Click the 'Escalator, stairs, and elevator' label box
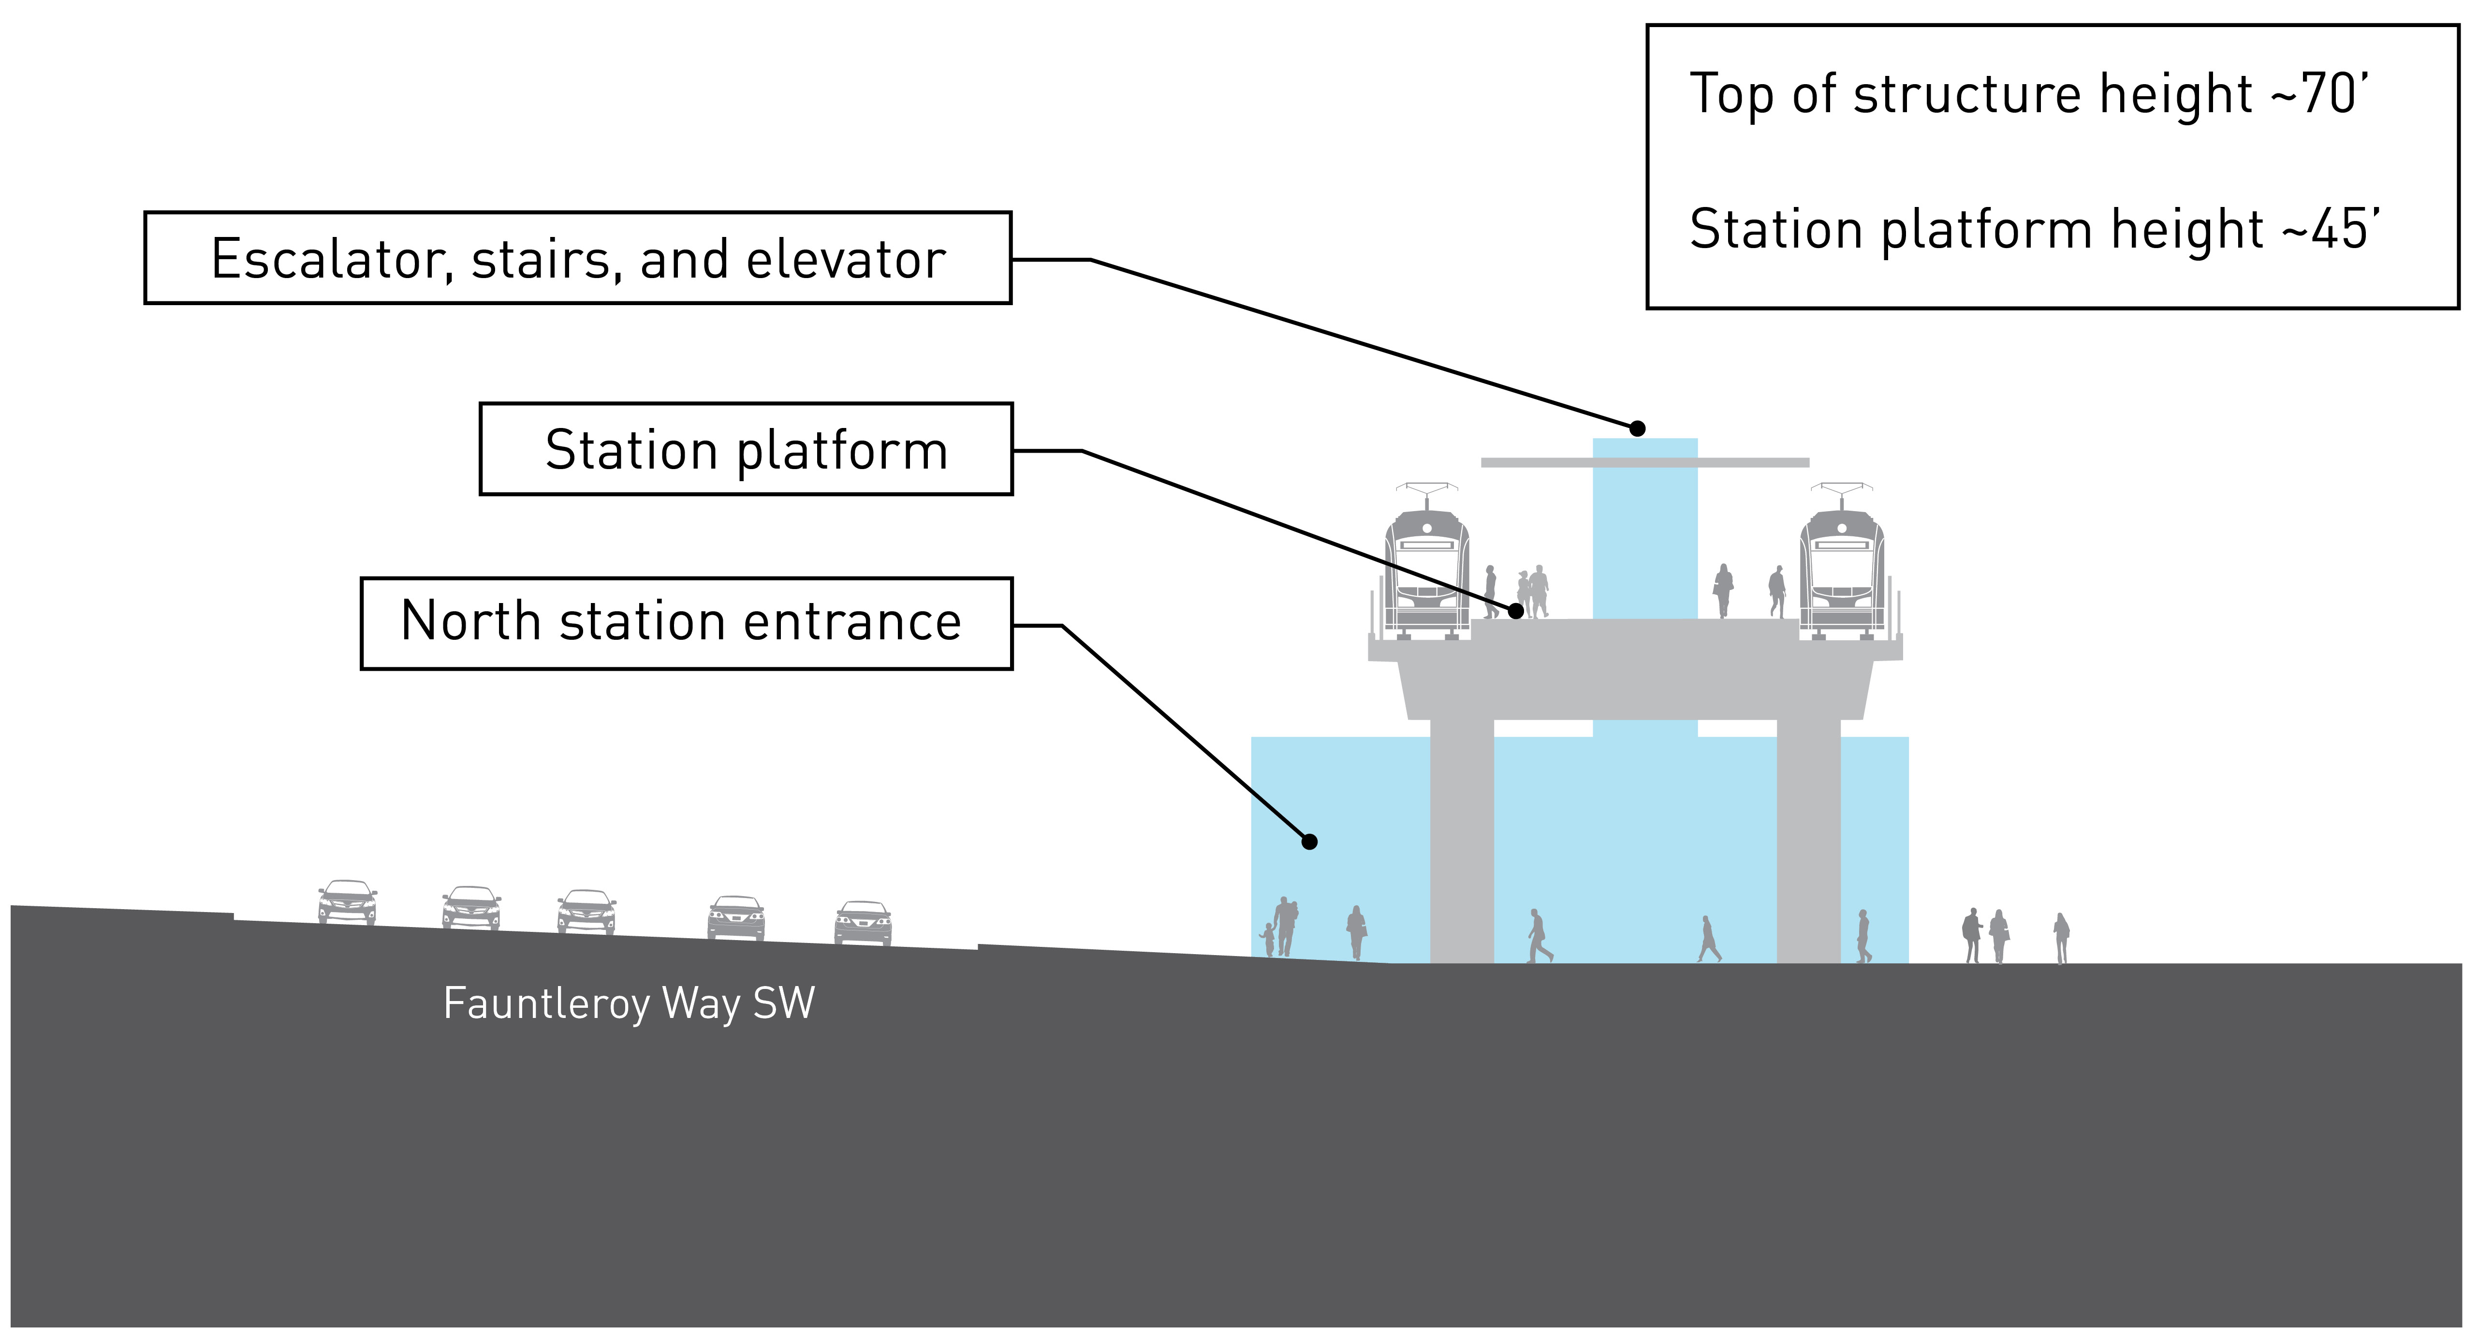(577, 258)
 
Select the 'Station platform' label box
(746, 449)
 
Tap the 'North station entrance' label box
(686, 623)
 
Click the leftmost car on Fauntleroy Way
(347, 902)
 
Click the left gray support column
(1462, 840)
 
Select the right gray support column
(1808, 840)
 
